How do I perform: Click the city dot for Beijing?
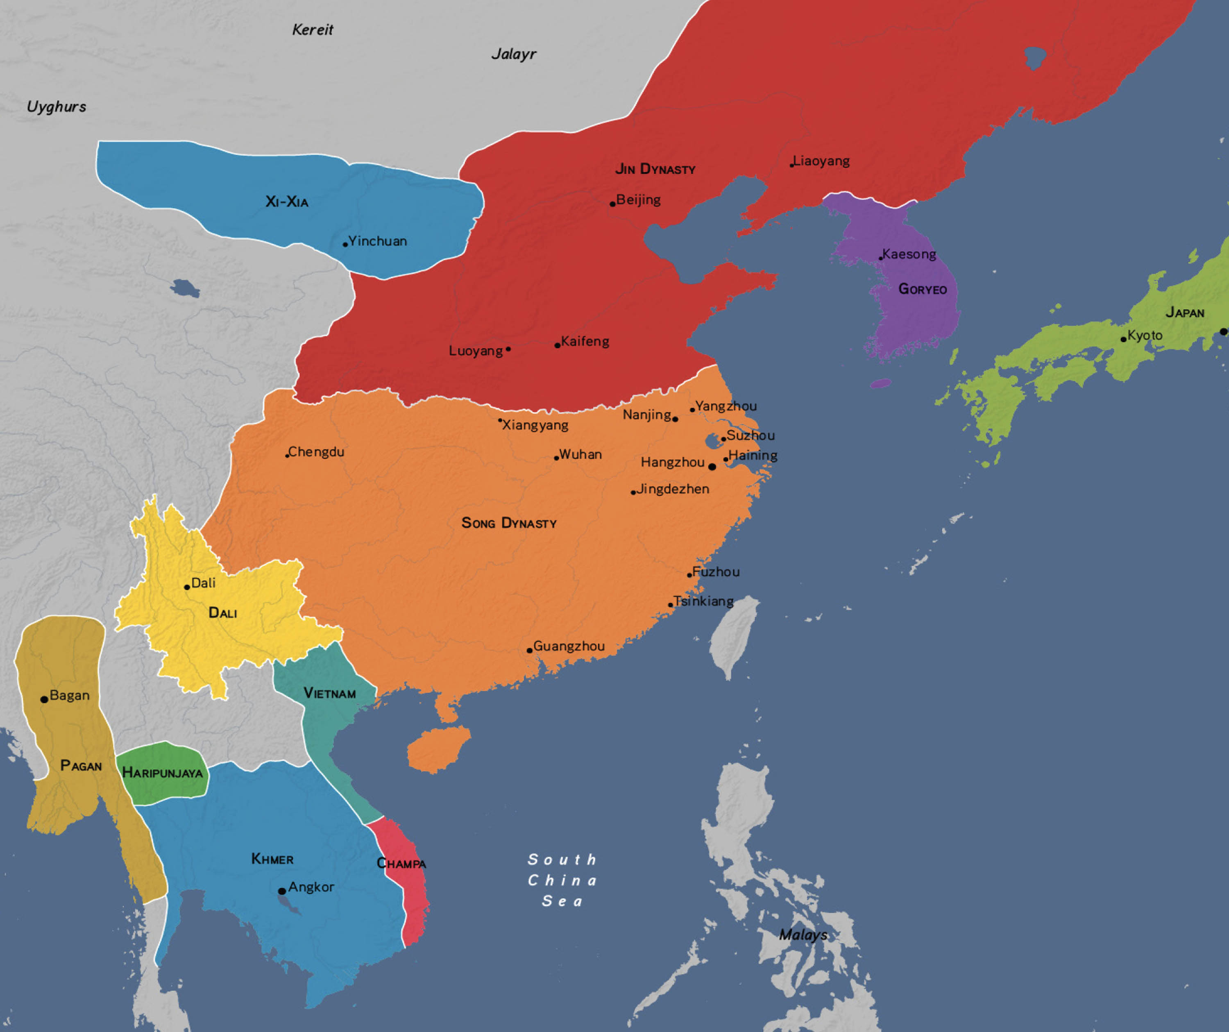click(x=612, y=204)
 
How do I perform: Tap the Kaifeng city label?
click(x=585, y=341)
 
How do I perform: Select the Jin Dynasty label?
click(x=655, y=169)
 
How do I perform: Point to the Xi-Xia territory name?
click(x=287, y=202)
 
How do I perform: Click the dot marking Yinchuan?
click(x=345, y=244)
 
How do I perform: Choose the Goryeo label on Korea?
click(x=922, y=289)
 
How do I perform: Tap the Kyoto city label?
click(x=1145, y=336)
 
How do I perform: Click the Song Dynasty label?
click(x=508, y=523)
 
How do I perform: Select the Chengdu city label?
click(x=316, y=452)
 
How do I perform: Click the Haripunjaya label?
click(x=162, y=773)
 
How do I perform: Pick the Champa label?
click(x=401, y=864)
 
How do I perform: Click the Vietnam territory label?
click(x=329, y=694)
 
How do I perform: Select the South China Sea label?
click(x=562, y=880)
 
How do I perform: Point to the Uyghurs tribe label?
click(x=56, y=107)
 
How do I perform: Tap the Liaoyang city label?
click(x=821, y=161)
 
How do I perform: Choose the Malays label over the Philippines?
click(x=803, y=935)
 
